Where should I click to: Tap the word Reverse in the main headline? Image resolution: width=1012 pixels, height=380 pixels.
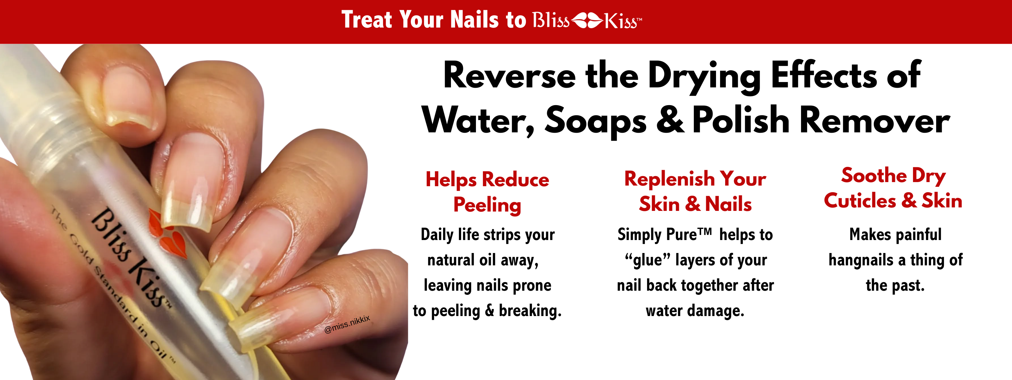pos(509,76)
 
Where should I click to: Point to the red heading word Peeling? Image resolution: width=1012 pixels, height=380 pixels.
pos(487,205)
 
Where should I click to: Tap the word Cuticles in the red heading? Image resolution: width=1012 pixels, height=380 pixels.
pos(860,201)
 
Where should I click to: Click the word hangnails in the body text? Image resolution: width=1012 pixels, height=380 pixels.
pos(861,260)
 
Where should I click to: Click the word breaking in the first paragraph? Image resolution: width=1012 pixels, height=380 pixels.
pos(530,311)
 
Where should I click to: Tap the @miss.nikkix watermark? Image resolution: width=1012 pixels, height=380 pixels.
pos(347,324)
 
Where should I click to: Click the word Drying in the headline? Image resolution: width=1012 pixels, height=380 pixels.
pos(704,77)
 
